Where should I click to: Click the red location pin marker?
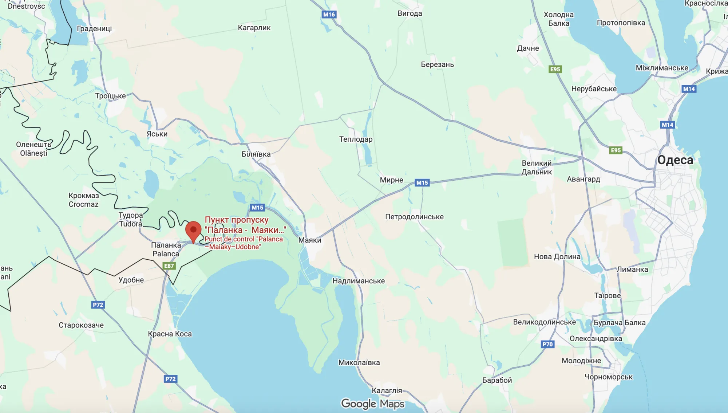coord(193,231)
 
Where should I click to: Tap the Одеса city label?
coord(675,160)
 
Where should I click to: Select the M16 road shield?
coord(329,15)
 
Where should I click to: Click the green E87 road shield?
coord(169,266)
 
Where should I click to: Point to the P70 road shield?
coord(547,344)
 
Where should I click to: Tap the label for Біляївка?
coord(256,154)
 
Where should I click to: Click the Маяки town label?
coord(310,240)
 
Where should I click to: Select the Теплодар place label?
coord(356,139)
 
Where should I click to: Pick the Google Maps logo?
coord(373,404)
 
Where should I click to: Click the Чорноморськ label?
coord(609,377)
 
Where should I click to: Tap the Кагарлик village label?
coord(254,28)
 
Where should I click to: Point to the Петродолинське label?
coord(414,217)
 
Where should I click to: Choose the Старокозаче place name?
coord(81,325)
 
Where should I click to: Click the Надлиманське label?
coord(359,281)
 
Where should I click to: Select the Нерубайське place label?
coord(594,89)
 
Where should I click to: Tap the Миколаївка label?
coord(359,362)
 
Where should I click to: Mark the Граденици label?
coord(94,28)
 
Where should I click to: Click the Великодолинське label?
coord(545,322)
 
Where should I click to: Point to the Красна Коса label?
coord(170,334)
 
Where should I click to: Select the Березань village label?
coord(437,64)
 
